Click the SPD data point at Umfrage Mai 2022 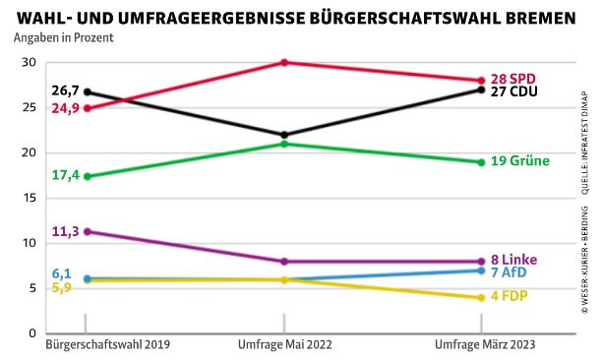click(x=284, y=63)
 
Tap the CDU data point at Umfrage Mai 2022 click(x=284, y=135)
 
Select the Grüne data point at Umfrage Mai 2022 click(x=284, y=144)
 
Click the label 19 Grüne click(x=520, y=161)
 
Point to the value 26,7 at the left click(x=65, y=91)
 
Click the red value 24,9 click(x=65, y=108)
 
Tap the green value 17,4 click(x=65, y=175)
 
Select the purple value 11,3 click(x=65, y=231)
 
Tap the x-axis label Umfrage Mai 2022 click(x=284, y=346)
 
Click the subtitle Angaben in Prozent click(x=64, y=38)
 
